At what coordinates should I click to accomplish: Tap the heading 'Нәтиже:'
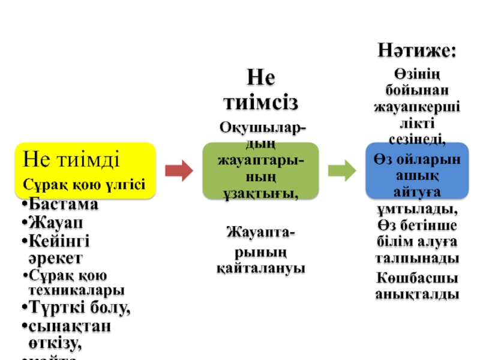[416, 50]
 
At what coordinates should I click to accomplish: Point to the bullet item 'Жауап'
[55, 223]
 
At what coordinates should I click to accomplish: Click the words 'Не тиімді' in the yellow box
[71, 160]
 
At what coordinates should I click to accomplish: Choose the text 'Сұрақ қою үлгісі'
[85, 184]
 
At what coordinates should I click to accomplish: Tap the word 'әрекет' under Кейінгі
[55, 258]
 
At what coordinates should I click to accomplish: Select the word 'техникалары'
[77, 290]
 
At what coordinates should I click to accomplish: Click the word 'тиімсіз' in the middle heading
[260, 102]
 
